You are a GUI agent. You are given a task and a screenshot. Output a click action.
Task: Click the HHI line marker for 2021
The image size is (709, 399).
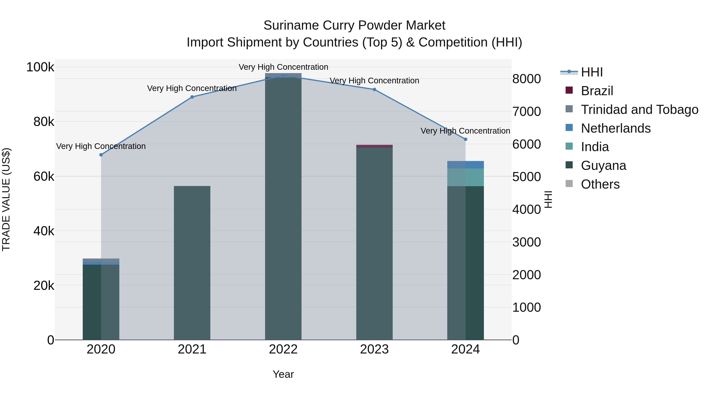192,97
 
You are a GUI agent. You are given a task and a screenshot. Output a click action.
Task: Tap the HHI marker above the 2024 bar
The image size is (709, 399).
465,139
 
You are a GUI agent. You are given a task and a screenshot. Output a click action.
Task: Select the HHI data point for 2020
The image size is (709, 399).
101,155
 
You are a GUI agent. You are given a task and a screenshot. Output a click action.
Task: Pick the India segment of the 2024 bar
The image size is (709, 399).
465,177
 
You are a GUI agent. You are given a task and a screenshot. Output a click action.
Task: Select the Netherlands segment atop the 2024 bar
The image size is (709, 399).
465,165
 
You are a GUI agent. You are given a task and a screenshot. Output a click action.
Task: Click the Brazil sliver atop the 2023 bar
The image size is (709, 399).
374,146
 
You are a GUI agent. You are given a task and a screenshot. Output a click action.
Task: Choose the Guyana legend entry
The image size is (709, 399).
603,166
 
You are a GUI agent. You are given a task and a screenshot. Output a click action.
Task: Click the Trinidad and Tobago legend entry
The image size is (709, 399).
639,110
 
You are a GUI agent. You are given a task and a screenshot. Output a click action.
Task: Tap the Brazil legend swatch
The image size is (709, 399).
569,90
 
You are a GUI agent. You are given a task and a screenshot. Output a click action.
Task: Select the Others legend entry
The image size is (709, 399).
600,184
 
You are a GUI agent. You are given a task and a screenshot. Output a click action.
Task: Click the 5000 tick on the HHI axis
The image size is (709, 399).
526,177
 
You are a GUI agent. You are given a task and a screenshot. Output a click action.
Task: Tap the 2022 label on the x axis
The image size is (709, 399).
283,349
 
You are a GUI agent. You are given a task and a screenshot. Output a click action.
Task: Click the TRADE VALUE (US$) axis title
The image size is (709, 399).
6,199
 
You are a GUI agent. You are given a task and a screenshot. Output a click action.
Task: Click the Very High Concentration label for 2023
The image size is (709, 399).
374,81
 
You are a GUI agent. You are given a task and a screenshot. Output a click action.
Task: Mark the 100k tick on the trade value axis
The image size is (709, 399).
40,67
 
